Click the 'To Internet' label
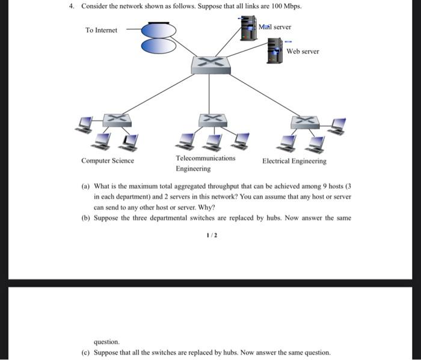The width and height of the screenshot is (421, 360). [101, 30]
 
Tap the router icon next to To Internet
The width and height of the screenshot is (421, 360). [159, 38]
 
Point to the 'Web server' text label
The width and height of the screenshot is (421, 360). [303, 51]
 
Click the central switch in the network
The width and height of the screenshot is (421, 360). [210, 64]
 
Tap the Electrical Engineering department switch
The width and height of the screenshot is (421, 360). [305, 121]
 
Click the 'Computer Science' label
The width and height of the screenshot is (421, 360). [108, 161]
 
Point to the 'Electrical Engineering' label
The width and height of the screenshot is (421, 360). [294, 161]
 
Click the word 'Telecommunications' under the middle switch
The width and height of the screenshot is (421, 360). [206, 158]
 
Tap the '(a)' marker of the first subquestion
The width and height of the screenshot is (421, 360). [85, 186]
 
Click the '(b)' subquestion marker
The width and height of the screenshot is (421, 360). [85, 218]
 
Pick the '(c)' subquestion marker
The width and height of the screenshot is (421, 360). [85, 353]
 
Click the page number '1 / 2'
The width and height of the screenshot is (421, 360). [210, 236]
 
